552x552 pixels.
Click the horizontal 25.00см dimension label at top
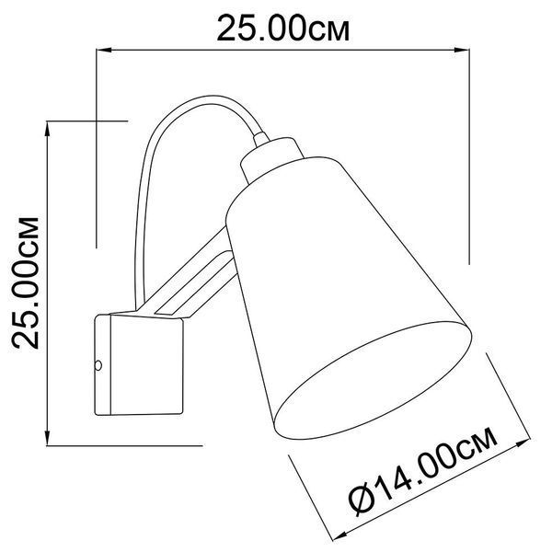[x=283, y=29]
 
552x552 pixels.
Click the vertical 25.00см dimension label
[x=26, y=283]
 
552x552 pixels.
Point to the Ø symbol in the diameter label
[x=362, y=500]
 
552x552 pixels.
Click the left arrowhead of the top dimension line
[x=103, y=50]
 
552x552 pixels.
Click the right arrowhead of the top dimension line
[x=462, y=50]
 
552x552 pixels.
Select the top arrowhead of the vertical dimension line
[x=47, y=128]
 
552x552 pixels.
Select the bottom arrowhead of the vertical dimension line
[x=47, y=438]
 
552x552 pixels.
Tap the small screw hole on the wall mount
[x=98, y=365]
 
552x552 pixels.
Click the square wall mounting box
[x=139, y=364]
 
